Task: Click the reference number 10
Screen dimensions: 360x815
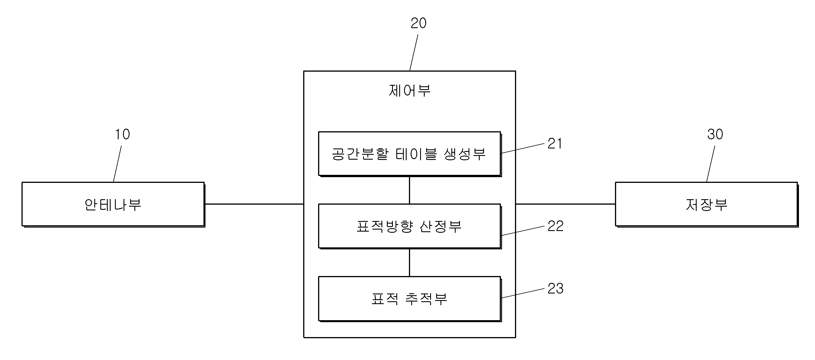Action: [122, 134]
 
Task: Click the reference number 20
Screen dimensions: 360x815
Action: [418, 23]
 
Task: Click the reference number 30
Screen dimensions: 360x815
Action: [715, 134]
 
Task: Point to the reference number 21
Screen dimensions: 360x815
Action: [555, 144]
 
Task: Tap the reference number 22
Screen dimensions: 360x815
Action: [555, 226]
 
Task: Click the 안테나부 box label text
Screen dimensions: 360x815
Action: [113, 205]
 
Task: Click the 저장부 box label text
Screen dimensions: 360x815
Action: [706, 205]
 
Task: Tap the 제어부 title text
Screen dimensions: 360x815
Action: [410, 91]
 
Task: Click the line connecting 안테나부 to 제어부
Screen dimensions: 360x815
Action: [254, 204]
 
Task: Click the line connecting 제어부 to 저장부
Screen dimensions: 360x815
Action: [565, 204]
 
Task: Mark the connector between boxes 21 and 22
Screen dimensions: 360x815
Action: [410, 190]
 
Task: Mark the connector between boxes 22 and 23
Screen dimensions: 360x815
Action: [410, 262]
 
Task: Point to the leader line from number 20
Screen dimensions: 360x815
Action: [414, 52]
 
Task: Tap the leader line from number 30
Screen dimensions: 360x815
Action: [711, 164]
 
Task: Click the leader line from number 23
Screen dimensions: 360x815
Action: [523, 293]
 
